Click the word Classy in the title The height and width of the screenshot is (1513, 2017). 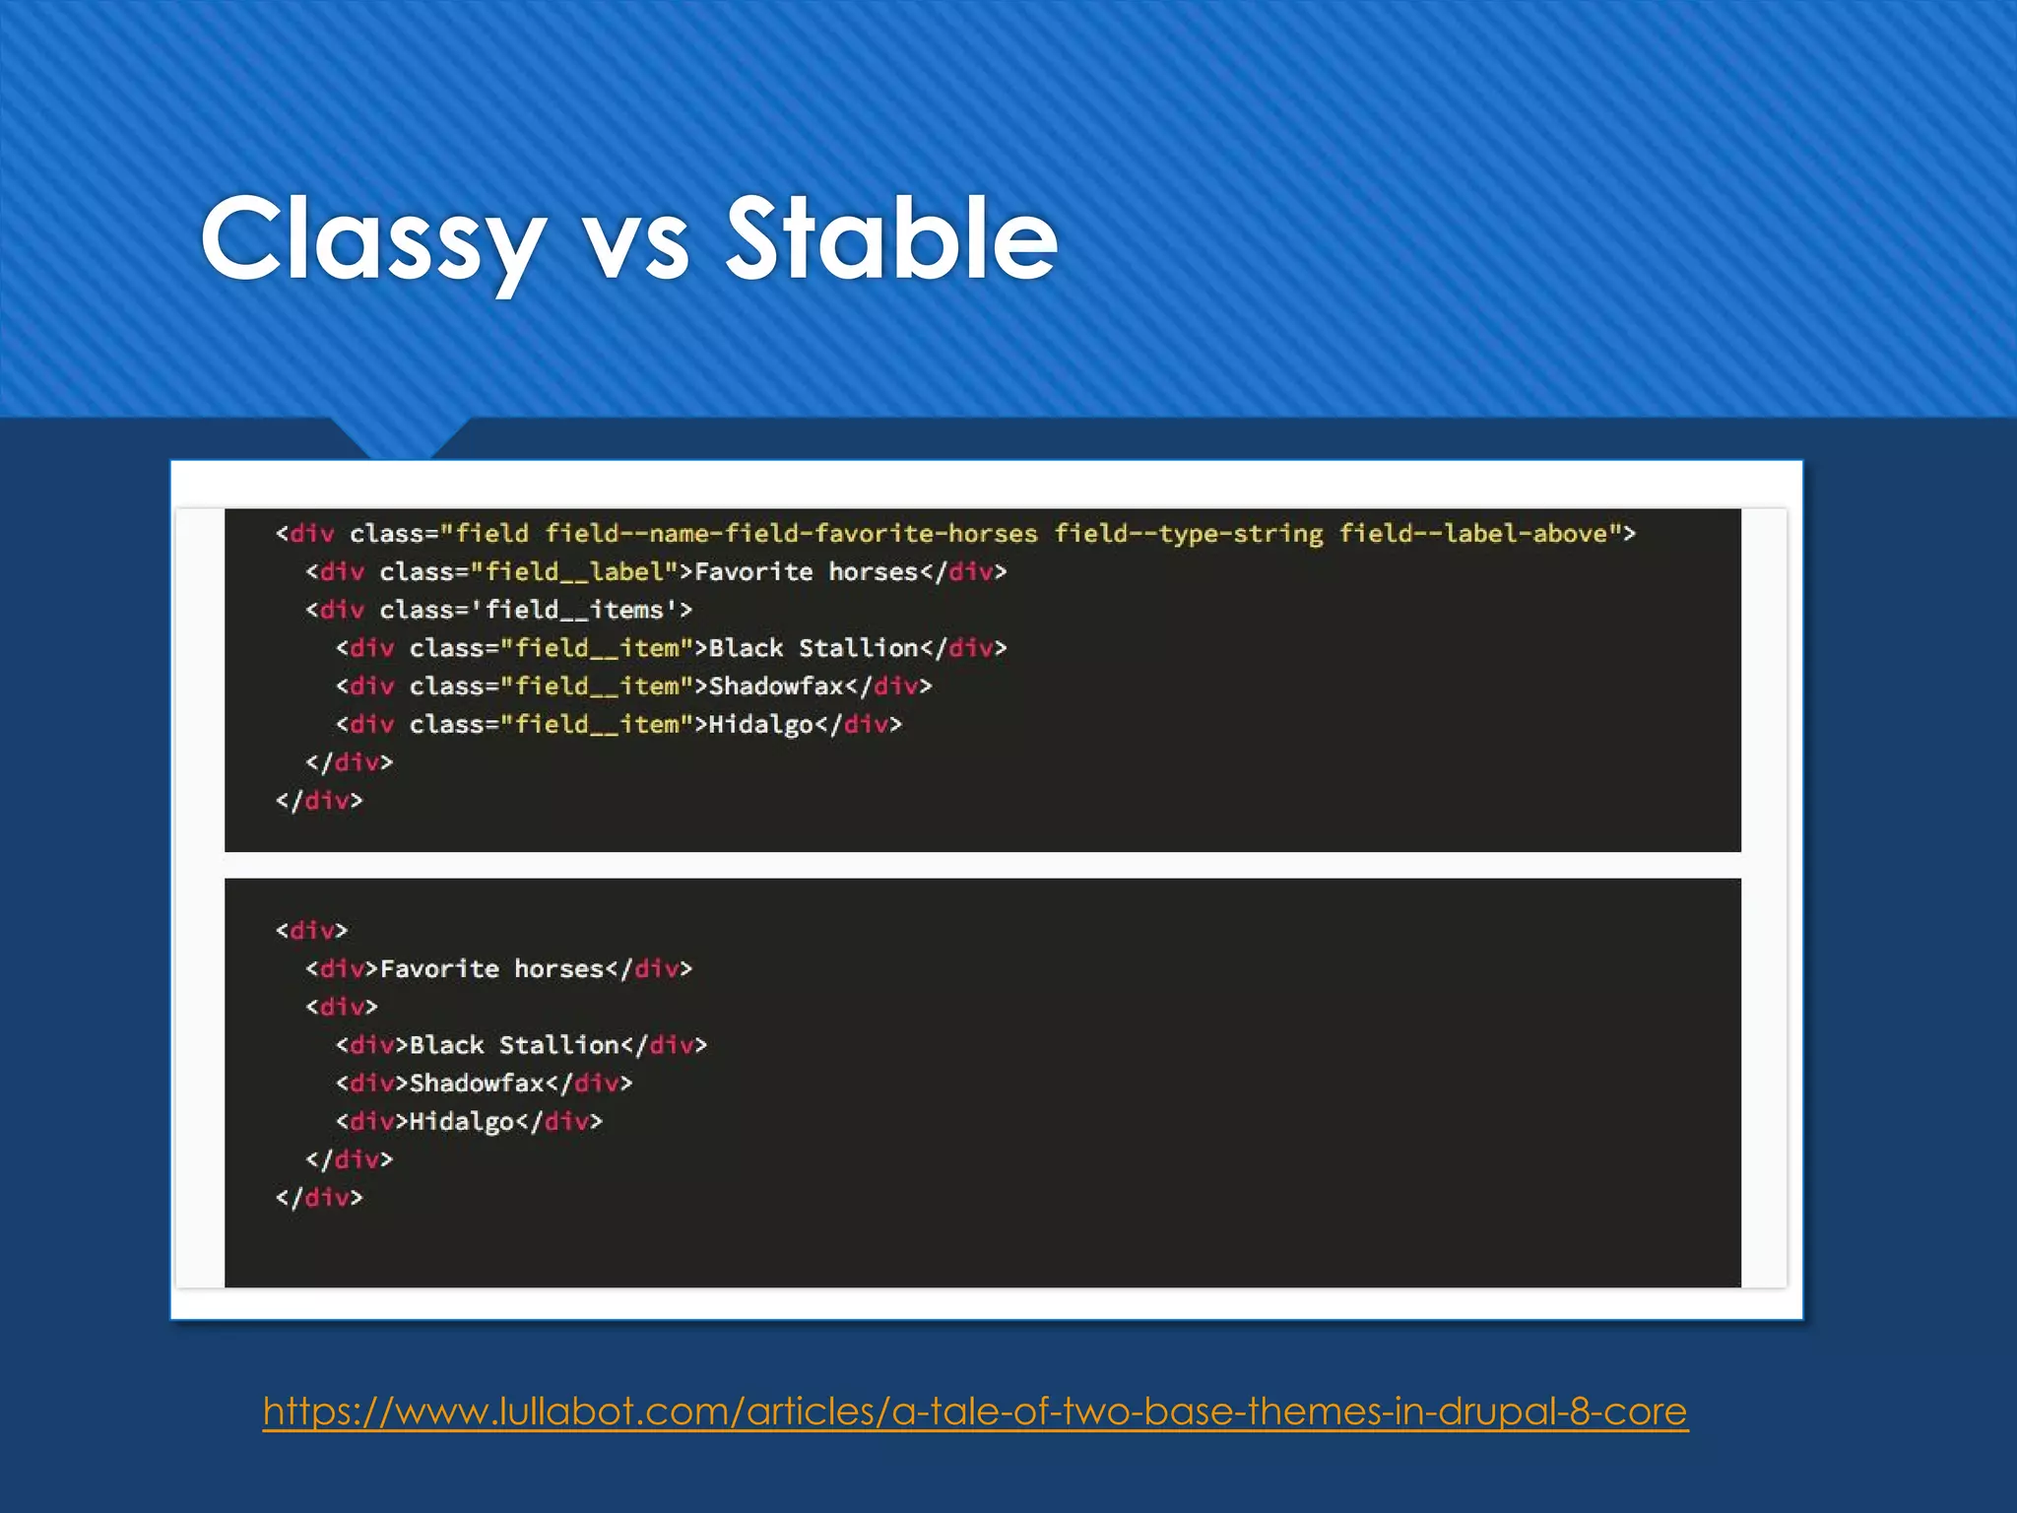(x=372, y=238)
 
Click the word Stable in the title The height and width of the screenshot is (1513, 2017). (x=891, y=238)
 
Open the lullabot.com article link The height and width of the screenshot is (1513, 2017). (x=975, y=1411)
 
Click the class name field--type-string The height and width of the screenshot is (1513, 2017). (x=1189, y=534)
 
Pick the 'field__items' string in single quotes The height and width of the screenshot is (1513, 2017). (x=574, y=611)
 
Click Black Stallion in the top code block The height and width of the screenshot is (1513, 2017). (x=813, y=648)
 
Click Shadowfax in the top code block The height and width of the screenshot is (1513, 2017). (x=776, y=687)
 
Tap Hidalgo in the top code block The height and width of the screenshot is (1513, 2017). (x=761, y=725)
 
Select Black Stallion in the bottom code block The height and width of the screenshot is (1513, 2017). (x=514, y=1045)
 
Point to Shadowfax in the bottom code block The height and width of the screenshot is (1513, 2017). (x=477, y=1084)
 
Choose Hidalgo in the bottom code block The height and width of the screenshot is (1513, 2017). (x=462, y=1122)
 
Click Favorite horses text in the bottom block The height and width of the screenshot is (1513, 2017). (x=491, y=969)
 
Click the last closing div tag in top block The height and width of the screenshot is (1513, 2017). (x=319, y=801)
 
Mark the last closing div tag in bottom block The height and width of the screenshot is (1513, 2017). (x=319, y=1198)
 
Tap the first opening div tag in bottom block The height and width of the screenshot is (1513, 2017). (x=311, y=931)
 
